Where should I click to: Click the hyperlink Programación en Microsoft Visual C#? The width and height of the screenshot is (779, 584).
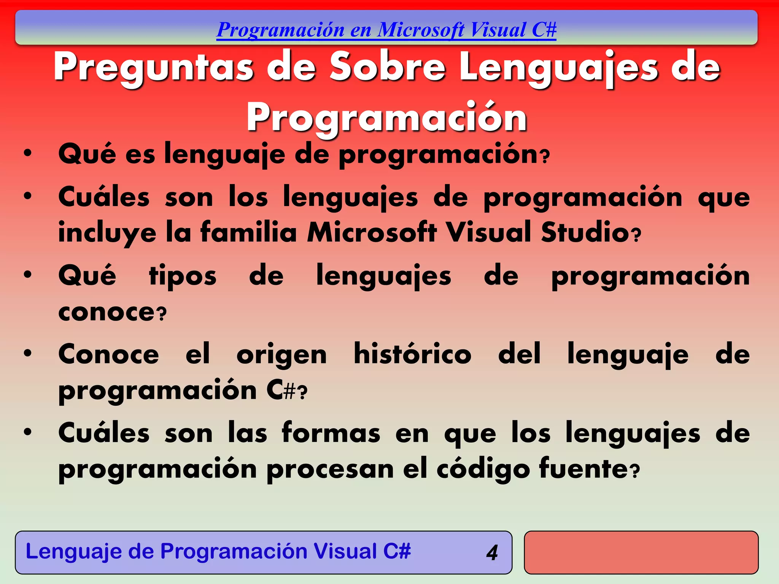[x=386, y=30]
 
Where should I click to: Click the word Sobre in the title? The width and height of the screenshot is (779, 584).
[x=387, y=67]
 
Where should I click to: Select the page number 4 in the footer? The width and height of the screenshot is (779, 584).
[x=492, y=552]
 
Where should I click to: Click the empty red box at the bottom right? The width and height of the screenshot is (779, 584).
[x=641, y=552]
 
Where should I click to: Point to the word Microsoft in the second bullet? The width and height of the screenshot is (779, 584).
[x=372, y=232]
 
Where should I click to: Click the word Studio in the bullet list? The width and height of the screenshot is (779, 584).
[x=585, y=232]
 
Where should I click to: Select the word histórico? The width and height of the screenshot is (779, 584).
[x=412, y=354]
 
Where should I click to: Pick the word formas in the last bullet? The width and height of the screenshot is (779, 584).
[x=331, y=433]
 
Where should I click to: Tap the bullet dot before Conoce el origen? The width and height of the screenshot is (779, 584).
[x=27, y=353]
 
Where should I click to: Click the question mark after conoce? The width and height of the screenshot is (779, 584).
[x=162, y=314]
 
